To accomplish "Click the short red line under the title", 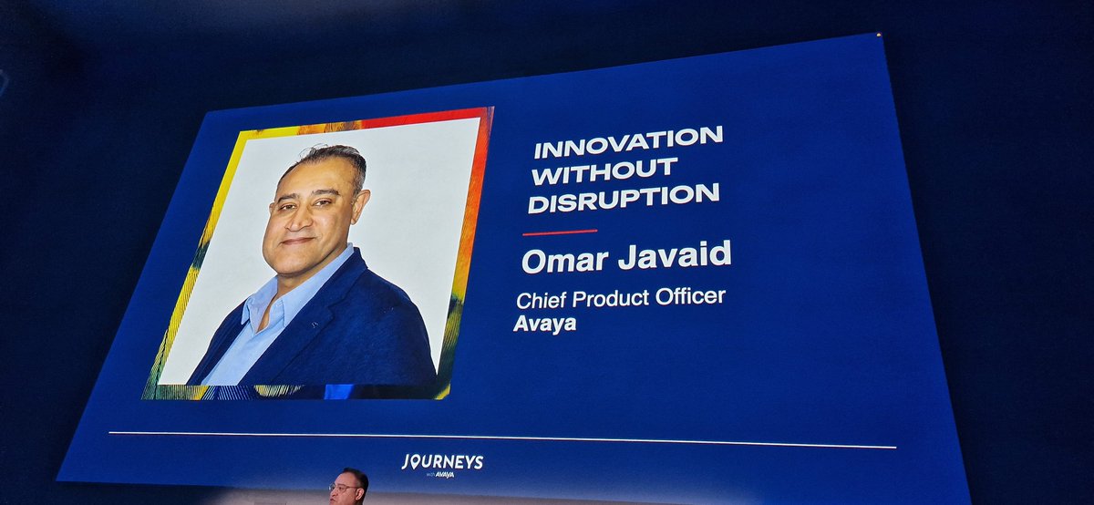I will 559,232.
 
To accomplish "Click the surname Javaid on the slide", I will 674,256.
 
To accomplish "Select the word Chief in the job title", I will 542,300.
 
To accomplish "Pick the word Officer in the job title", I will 692,297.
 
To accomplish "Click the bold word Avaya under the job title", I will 544,324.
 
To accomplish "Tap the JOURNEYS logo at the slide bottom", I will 442,461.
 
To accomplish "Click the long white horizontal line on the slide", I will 501,439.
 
